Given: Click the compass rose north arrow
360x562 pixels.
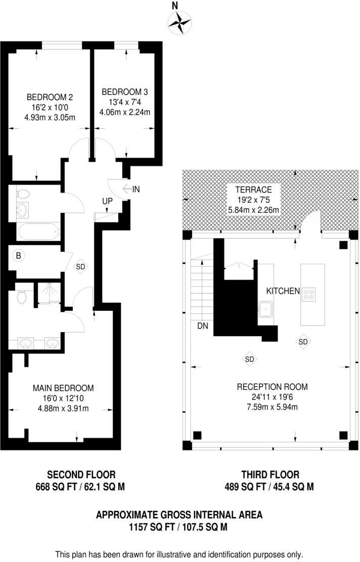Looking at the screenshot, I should (x=180, y=22).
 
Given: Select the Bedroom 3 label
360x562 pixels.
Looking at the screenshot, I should (x=125, y=92).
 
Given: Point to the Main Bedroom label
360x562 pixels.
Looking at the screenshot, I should (x=63, y=388).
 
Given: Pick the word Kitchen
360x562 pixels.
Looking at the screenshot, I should (x=283, y=291).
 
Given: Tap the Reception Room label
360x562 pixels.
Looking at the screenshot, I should (x=272, y=387).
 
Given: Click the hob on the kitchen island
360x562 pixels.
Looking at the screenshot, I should (x=309, y=294).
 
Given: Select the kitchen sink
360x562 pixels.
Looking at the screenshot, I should (x=265, y=309).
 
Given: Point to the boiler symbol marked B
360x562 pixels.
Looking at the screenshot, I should (x=19, y=256).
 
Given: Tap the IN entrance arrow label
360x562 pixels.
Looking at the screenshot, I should (x=136, y=190).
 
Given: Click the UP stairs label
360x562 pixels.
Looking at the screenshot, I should (x=107, y=201).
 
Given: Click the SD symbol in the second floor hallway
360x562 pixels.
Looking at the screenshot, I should (x=81, y=266).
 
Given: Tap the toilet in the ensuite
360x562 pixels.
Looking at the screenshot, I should (x=21, y=297).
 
